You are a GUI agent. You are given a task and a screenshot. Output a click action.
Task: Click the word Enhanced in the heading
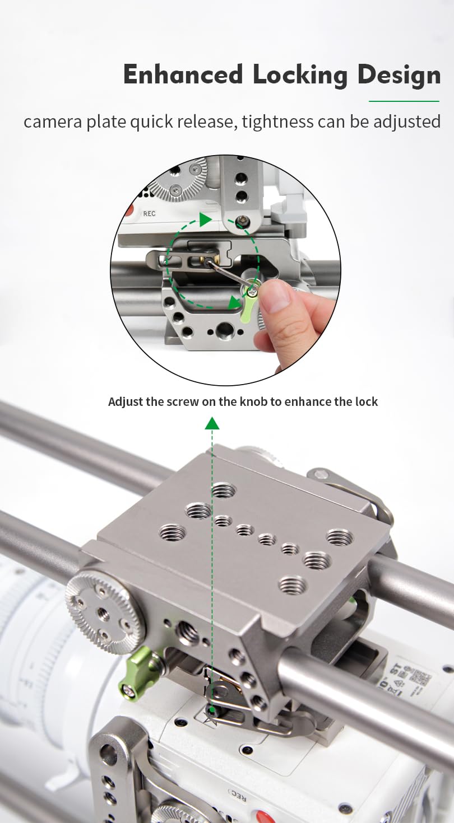click(183, 74)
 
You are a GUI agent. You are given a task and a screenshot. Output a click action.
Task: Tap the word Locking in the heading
click(300, 76)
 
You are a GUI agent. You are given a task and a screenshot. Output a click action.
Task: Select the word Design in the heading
click(399, 76)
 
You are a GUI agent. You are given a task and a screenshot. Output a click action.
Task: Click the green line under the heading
click(404, 101)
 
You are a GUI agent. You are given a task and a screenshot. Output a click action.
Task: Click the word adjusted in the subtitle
click(407, 121)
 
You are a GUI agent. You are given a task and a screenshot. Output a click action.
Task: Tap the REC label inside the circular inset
click(149, 213)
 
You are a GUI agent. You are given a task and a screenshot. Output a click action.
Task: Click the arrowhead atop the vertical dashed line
click(212, 423)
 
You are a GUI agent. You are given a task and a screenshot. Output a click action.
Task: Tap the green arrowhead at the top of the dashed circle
click(205, 219)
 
